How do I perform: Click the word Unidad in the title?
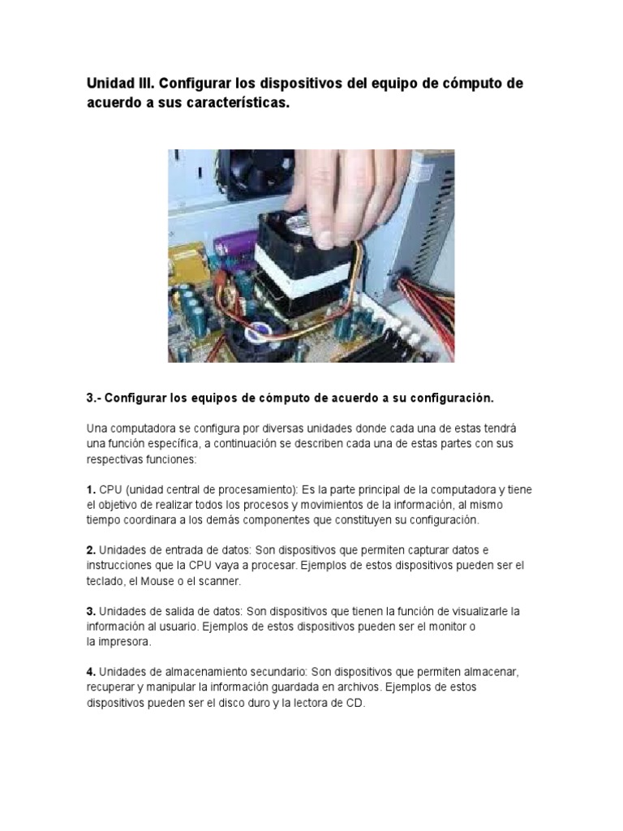pos(111,84)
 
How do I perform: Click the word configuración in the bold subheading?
pos(451,398)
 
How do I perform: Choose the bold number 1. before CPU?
pos(92,490)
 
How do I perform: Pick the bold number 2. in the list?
pos(92,550)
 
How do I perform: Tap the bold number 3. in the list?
pos(92,610)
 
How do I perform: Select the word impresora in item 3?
pos(126,641)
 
